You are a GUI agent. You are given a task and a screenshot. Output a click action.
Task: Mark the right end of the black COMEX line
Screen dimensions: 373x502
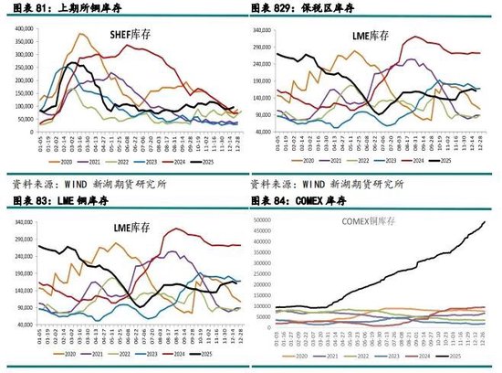tap(484, 222)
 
